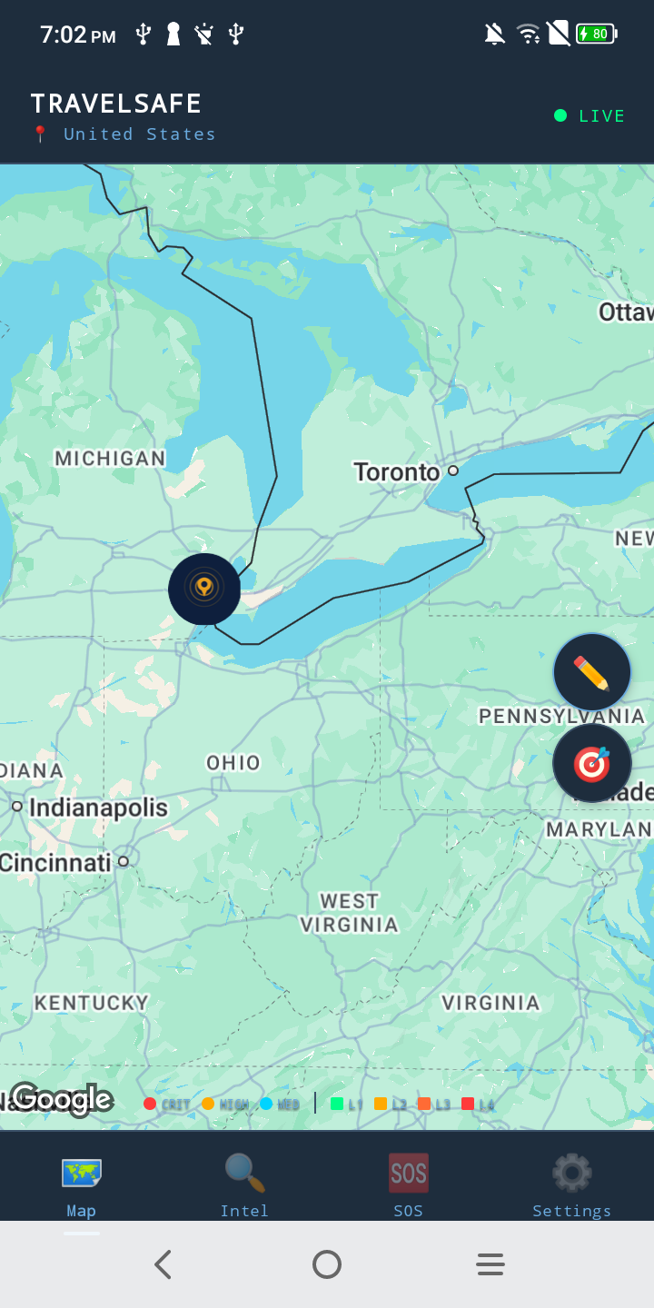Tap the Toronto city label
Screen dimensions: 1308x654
click(397, 472)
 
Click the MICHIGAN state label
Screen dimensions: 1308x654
click(110, 459)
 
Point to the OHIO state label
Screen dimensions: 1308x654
click(233, 763)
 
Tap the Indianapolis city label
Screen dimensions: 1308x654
click(98, 808)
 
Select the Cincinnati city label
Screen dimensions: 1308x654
click(55, 862)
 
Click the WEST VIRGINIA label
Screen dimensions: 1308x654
click(349, 913)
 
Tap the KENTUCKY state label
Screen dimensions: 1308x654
click(91, 1003)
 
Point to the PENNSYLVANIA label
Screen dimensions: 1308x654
click(561, 716)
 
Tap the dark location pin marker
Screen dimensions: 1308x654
click(204, 589)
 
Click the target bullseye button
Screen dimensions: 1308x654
click(592, 763)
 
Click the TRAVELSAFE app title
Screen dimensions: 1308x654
click(116, 104)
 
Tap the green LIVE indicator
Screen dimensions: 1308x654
click(590, 116)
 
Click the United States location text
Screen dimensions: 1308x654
click(139, 134)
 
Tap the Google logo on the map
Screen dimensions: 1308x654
click(61, 1099)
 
